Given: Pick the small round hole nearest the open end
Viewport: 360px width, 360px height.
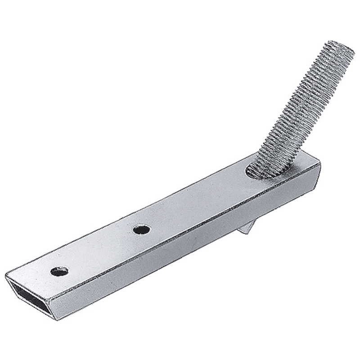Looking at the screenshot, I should [59, 271].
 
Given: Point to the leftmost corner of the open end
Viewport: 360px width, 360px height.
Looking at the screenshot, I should [6, 275].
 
